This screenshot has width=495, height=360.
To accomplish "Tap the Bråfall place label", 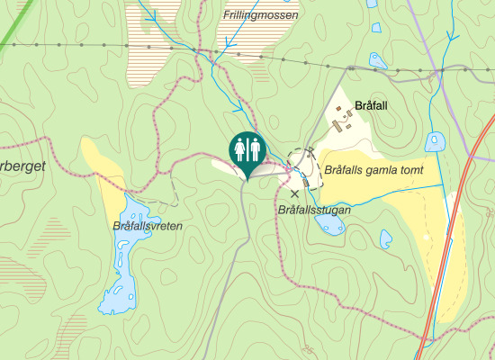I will (373, 105).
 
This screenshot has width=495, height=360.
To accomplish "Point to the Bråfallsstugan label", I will (314, 210).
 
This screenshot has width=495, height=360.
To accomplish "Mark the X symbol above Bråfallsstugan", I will (294, 193).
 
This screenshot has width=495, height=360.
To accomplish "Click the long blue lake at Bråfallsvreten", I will (125, 261).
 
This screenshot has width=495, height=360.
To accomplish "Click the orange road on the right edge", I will (447, 252).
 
